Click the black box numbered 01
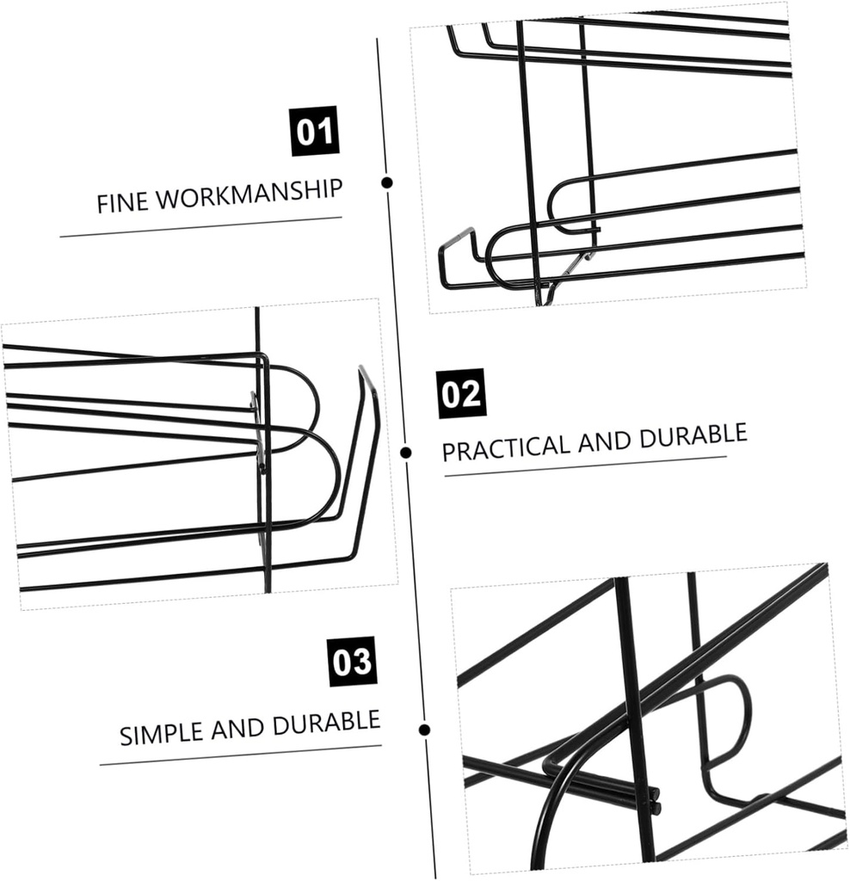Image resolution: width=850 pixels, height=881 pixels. [315, 131]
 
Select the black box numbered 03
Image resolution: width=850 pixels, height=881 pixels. [353, 662]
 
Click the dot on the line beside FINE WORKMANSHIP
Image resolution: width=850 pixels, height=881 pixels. [387, 182]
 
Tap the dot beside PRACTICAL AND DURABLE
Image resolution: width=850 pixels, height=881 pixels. [406, 453]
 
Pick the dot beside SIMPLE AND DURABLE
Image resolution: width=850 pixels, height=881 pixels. [424, 730]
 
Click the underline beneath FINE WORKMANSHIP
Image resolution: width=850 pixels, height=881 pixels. [200, 226]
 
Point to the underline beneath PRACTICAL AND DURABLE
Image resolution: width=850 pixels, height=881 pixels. [585, 465]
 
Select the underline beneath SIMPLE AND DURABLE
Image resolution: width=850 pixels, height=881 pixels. [240, 755]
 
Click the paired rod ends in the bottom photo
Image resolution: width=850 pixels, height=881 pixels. [656, 800]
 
